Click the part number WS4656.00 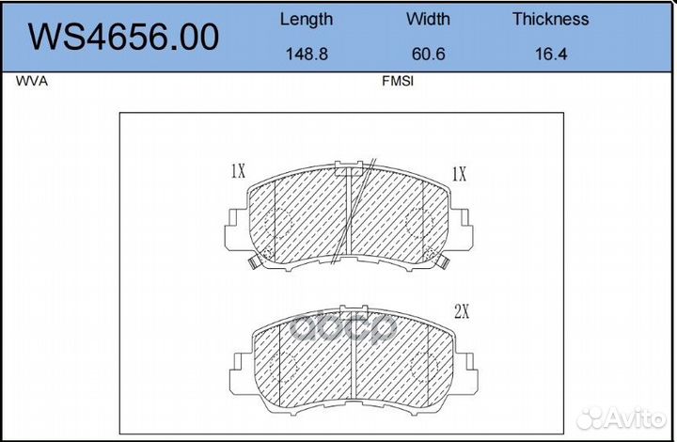[x=123, y=37]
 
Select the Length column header [x=307, y=20]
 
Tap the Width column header [x=428, y=19]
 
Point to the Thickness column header [x=550, y=19]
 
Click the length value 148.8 [x=307, y=54]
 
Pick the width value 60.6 [x=428, y=54]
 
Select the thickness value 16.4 [x=551, y=54]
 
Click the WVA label [x=32, y=81]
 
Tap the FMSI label [x=397, y=81]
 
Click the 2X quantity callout [x=462, y=311]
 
